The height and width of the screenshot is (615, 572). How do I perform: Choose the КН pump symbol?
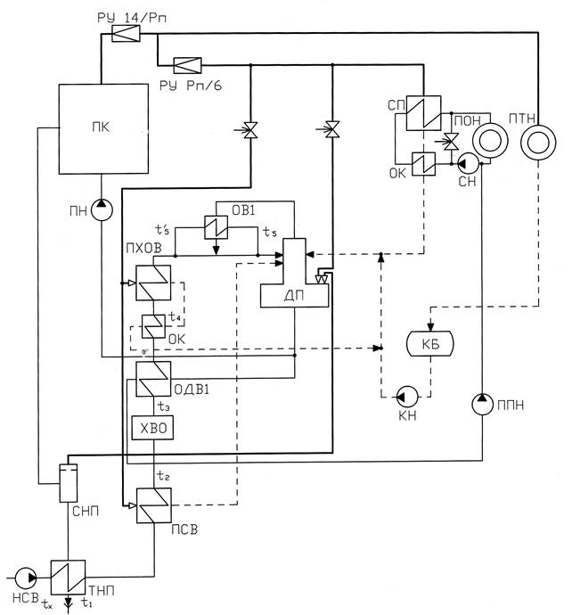pyautogui.click(x=403, y=395)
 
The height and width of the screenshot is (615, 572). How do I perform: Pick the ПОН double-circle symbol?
pyautogui.click(x=487, y=141)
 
